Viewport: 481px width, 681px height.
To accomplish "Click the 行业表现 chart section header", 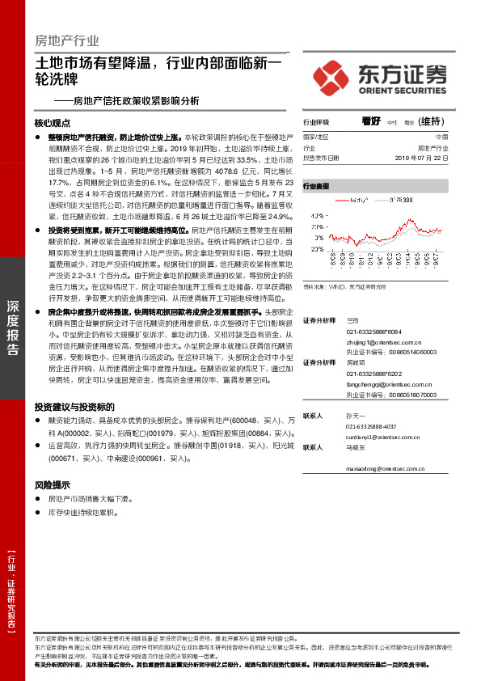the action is [x=316, y=185].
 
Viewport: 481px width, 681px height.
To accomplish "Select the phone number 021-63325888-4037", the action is [x=371, y=426].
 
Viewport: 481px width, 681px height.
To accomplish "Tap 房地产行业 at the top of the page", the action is [x=68, y=40].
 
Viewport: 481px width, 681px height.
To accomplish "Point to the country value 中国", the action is [x=441, y=137].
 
